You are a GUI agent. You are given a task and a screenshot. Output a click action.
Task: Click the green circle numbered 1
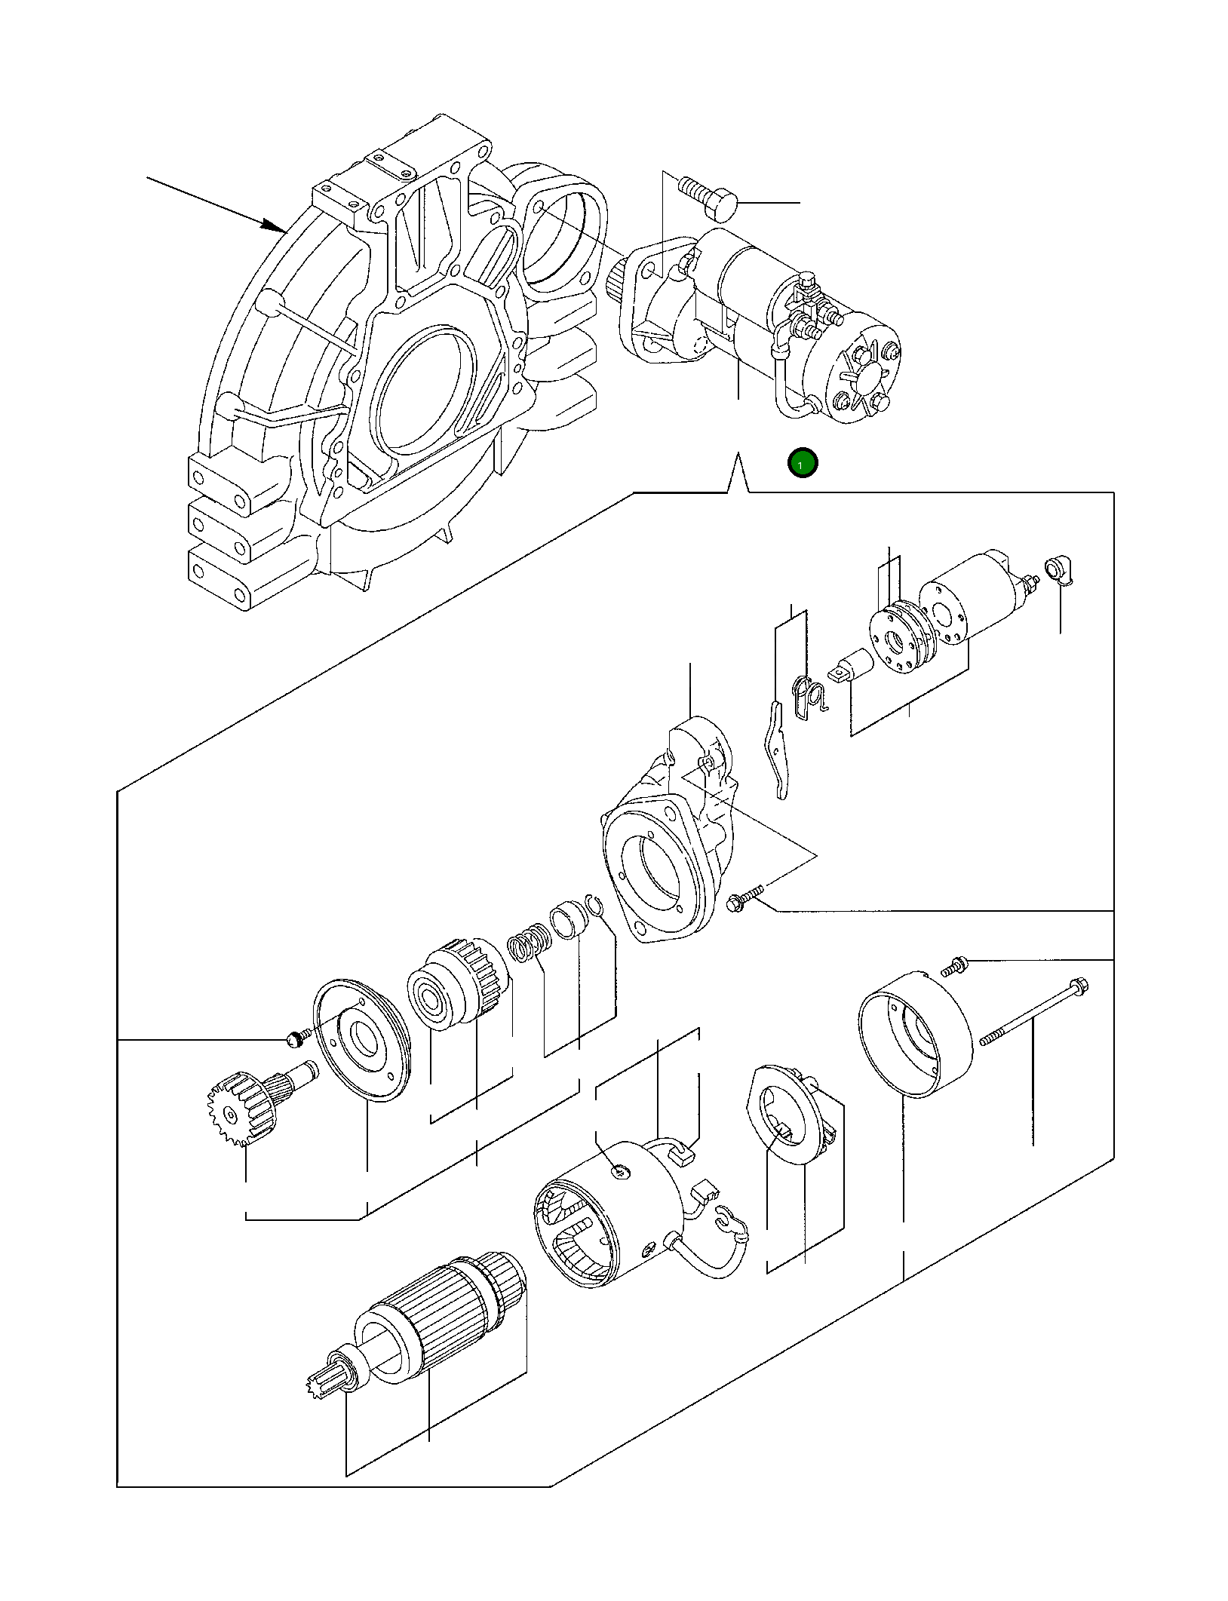click(802, 463)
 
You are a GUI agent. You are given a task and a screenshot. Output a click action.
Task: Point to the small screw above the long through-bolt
click(954, 966)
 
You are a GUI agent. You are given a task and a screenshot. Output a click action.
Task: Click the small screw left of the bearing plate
click(296, 1040)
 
